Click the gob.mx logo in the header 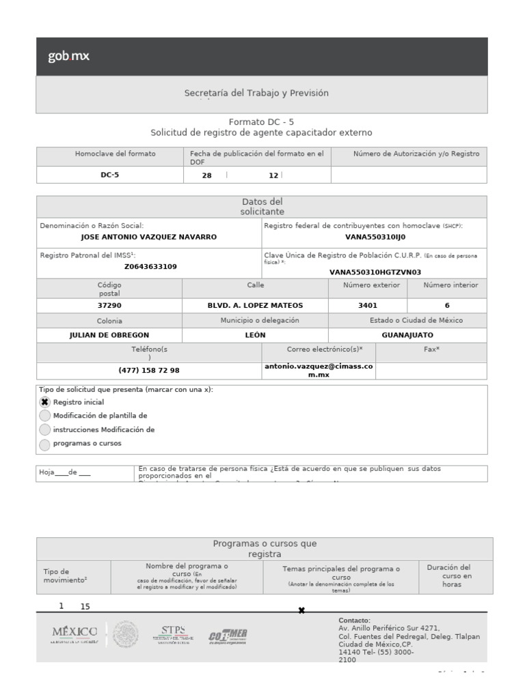click(68, 57)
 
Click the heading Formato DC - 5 click(262, 122)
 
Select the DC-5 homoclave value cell click(109, 175)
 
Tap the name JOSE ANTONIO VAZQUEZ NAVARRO click(148, 237)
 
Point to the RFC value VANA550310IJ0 click(375, 237)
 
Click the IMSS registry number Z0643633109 click(150, 266)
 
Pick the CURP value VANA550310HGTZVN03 click(375, 272)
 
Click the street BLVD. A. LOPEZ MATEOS click(255, 306)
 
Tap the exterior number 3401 click(368, 306)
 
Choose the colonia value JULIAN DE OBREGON click(109, 335)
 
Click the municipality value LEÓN click(255, 335)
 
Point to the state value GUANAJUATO click(407, 335)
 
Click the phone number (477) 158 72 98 click(149, 370)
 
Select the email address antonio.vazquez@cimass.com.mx click(319, 370)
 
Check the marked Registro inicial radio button click(45, 402)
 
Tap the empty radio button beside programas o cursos click(45, 444)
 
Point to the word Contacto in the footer click(354, 620)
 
